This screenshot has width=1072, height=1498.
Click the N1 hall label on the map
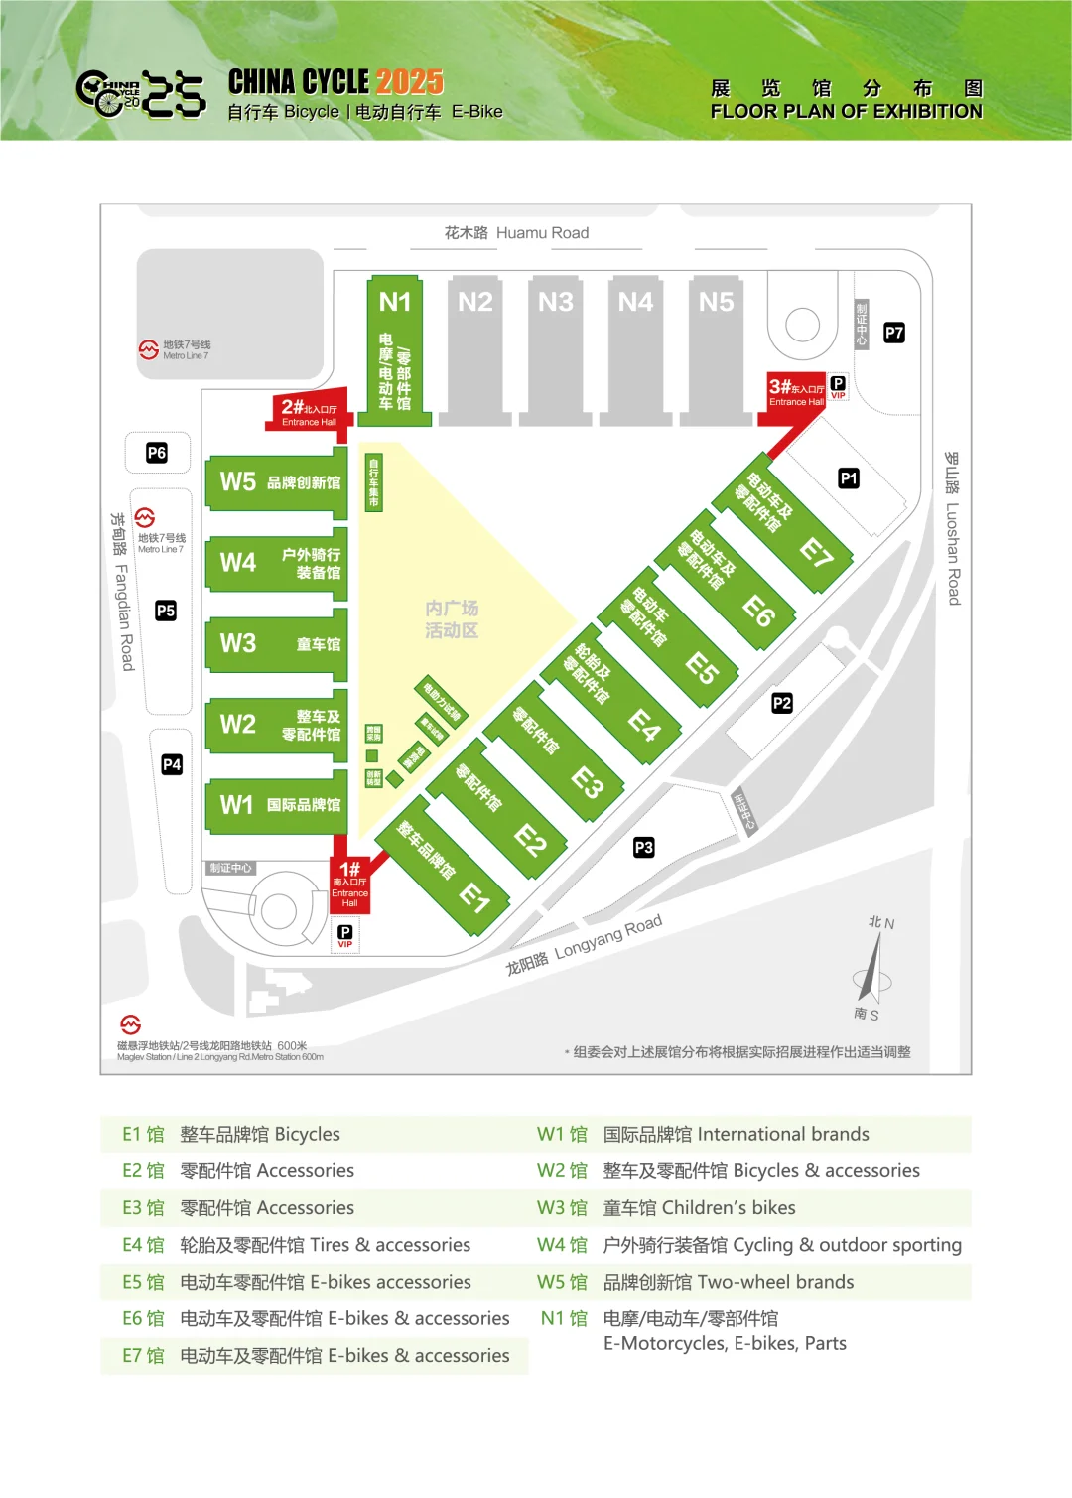pos(394,302)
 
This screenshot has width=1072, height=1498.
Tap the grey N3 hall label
pos(556,302)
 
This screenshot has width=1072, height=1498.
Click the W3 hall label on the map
pos(238,643)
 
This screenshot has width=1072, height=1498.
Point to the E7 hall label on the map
pos(816,553)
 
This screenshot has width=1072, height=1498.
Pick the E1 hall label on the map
pos(475,898)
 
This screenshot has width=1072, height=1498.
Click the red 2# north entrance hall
pos(308,411)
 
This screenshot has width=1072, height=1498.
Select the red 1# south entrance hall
pos(349,884)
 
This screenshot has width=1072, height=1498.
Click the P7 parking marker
pos(894,333)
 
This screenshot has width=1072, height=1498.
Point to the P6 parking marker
pos(157,453)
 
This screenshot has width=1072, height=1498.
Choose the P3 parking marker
pos(644,847)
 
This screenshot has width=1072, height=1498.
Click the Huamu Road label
pos(516,233)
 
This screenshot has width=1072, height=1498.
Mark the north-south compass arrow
pos(873,968)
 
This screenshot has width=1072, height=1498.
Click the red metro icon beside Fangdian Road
pos(145,517)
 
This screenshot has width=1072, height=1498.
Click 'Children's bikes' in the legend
pos(729,1208)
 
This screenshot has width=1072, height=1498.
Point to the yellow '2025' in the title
pos(410,81)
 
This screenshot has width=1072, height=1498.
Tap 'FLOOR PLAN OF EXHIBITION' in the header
pos(846,112)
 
